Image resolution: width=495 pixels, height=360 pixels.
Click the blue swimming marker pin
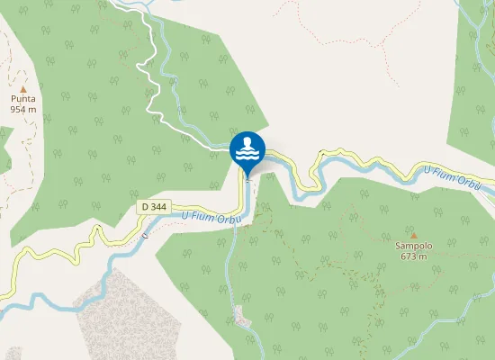(247, 149)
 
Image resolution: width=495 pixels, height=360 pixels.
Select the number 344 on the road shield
(159, 206)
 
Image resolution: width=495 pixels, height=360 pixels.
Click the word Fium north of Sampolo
(447, 177)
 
